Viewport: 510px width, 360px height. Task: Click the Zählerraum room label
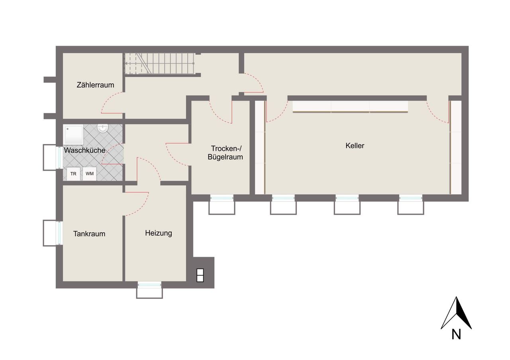(95, 85)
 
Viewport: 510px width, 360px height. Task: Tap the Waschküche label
(84, 150)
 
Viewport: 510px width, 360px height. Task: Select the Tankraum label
(89, 234)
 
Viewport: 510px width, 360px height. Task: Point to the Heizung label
(159, 234)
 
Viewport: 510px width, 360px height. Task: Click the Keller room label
(355, 146)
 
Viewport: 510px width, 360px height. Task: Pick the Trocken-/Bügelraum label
(225, 153)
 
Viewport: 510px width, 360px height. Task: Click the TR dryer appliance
(73, 174)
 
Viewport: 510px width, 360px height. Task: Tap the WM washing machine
(90, 174)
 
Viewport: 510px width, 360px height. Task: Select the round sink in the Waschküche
(103, 128)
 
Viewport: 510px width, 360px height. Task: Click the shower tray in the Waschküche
(73, 134)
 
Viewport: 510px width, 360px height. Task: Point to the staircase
(159, 64)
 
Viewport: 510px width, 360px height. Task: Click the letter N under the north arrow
(456, 335)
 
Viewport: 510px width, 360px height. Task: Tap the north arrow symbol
(456, 313)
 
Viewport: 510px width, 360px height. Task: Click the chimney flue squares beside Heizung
(200, 275)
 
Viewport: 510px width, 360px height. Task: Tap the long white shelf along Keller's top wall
(350, 107)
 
